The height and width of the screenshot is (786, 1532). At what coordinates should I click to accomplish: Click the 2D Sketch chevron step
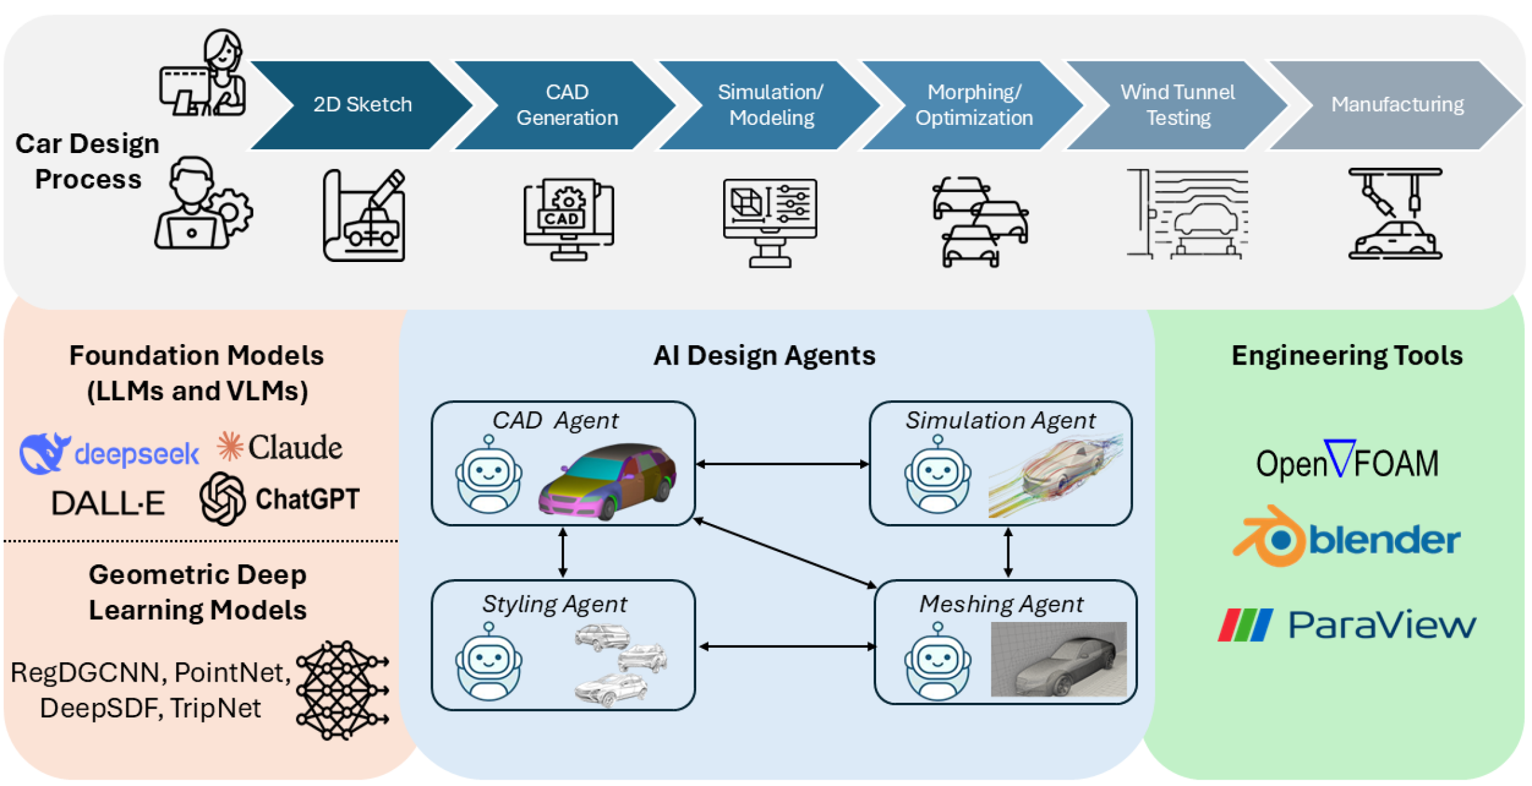click(x=363, y=105)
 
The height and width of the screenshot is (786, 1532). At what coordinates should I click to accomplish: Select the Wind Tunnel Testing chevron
click(x=1177, y=105)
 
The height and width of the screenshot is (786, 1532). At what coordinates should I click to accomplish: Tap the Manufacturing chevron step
click(x=1396, y=105)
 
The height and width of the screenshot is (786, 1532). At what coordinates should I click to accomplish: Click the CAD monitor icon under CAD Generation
click(x=568, y=219)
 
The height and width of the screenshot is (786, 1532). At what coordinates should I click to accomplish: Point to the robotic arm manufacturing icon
click(x=1395, y=214)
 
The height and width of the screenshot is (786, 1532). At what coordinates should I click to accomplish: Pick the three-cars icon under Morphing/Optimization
click(x=979, y=222)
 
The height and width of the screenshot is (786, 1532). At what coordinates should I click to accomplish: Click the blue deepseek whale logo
click(x=44, y=453)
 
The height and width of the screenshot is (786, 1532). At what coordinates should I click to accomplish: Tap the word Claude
click(x=295, y=447)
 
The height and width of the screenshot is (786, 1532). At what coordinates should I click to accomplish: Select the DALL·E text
click(x=108, y=503)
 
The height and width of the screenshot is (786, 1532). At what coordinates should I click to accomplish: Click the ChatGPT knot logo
click(x=222, y=499)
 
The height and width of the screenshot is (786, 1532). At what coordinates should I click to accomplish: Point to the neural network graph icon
click(x=342, y=691)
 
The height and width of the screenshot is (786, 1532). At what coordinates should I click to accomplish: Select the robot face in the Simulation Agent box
click(x=938, y=475)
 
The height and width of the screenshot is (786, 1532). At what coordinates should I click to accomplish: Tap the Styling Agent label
click(x=554, y=604)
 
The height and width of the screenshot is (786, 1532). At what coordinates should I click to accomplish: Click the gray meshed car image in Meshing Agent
click(x=1059, y=659)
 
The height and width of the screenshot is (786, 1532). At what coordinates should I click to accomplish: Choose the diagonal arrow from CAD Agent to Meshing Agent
click(x=785, y=553)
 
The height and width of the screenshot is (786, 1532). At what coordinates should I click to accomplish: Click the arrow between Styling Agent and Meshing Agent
click(x=787, y=647)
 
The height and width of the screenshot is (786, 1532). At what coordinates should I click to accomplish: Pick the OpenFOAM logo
click(x=1347, y=461)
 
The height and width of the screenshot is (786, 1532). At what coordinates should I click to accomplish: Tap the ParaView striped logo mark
click(x=1245, y=625)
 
